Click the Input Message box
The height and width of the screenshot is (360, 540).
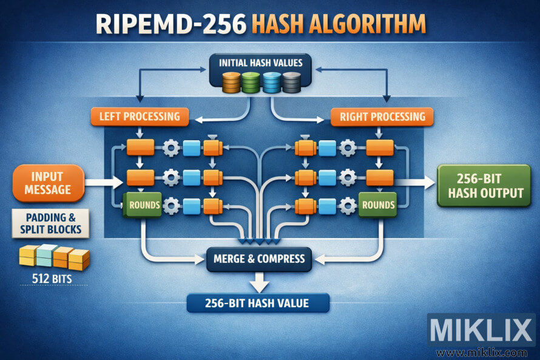(x=48, y=183)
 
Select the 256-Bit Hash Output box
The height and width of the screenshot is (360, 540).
(x=482, y=185)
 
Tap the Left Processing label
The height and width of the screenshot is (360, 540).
(x=140, y=116)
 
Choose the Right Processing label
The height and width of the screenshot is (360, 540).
(x=382, y=116)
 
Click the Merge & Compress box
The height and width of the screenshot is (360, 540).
(x=259, y=259)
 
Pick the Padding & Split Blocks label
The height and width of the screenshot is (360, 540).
(x=50, y=223)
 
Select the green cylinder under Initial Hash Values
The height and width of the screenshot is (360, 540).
(x=251, y=83)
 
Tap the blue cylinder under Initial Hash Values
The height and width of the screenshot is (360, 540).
(x=272, y=83)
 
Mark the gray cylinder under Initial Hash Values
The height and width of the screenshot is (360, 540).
(x=291, y=83)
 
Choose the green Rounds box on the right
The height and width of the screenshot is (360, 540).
(x=377, y=205)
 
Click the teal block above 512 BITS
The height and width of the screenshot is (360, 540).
(x=47, y=255)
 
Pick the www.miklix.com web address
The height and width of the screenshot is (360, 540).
(x=482, y=352)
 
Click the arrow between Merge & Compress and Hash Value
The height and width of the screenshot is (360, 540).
(x=259, y=280)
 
